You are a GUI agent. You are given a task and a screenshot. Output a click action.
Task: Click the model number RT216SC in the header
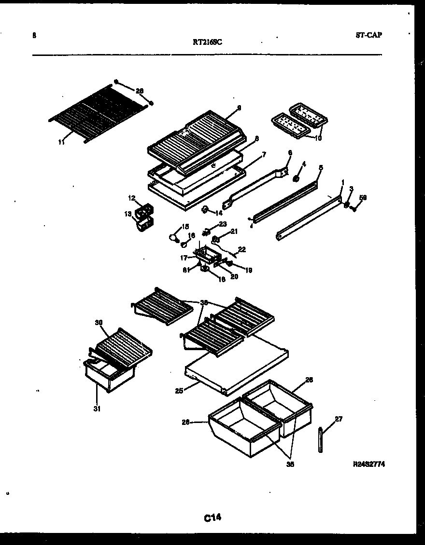click(207, 41)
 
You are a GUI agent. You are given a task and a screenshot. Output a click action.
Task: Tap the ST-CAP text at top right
click(368, 35)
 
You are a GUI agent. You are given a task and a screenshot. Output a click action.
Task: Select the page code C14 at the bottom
click(212, 518)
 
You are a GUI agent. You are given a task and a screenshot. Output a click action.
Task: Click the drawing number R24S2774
click(369, 464)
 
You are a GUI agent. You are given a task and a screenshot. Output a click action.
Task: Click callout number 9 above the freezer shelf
click(239, 108)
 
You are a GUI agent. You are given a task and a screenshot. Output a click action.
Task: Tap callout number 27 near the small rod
click(338, 419)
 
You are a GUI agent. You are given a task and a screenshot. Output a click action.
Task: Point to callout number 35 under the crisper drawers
click(290, 465)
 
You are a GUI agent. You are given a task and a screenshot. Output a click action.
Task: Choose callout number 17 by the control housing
click(184, 258)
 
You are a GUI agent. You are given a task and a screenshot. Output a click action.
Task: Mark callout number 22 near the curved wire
click(242, 249)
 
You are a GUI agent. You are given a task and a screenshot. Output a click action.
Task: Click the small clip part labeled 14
click(205, 209)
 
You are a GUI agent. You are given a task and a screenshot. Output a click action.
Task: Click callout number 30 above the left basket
click(99, 322)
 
